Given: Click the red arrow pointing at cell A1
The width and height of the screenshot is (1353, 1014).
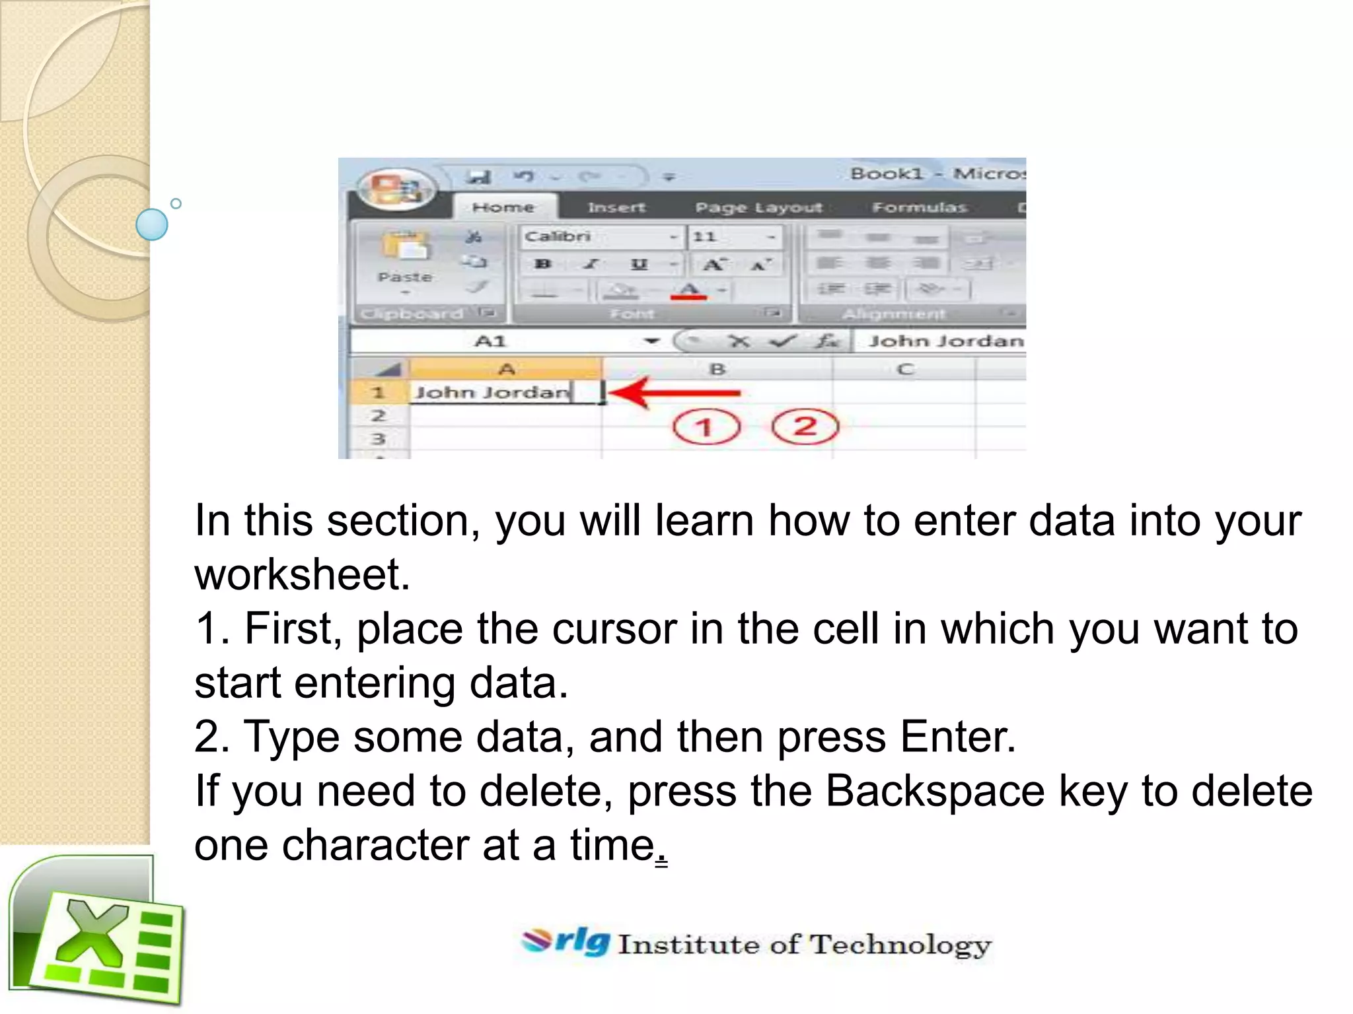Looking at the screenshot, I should (x=674, y=393).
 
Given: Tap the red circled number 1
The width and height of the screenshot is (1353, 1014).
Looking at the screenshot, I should (x=706, y=427).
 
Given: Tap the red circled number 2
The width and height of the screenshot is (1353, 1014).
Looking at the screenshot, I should (x=805, y=426).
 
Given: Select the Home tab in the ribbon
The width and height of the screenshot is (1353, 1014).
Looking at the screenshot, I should (x=503, y=207).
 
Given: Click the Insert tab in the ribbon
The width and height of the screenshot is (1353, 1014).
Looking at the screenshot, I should (x=616, y=208).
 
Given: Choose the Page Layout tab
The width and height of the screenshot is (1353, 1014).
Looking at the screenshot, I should (x=758, y=208).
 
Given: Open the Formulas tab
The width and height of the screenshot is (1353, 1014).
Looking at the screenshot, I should (x=919, y=208).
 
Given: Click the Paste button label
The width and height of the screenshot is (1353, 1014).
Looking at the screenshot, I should (x=405, y=277).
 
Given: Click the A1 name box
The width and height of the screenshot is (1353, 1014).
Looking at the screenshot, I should (x=490, y=341).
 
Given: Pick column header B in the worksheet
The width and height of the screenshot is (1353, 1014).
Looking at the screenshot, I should (x=717, y=369).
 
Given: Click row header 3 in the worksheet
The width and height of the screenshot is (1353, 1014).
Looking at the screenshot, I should (x=377, y=439).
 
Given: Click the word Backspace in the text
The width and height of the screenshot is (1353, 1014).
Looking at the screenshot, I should (x=935, y=791).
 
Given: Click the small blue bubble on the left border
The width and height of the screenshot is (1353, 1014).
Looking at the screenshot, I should (x=152, y=224).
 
